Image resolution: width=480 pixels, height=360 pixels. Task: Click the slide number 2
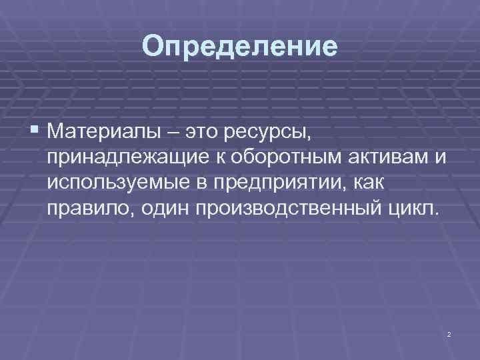point(449,333)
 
